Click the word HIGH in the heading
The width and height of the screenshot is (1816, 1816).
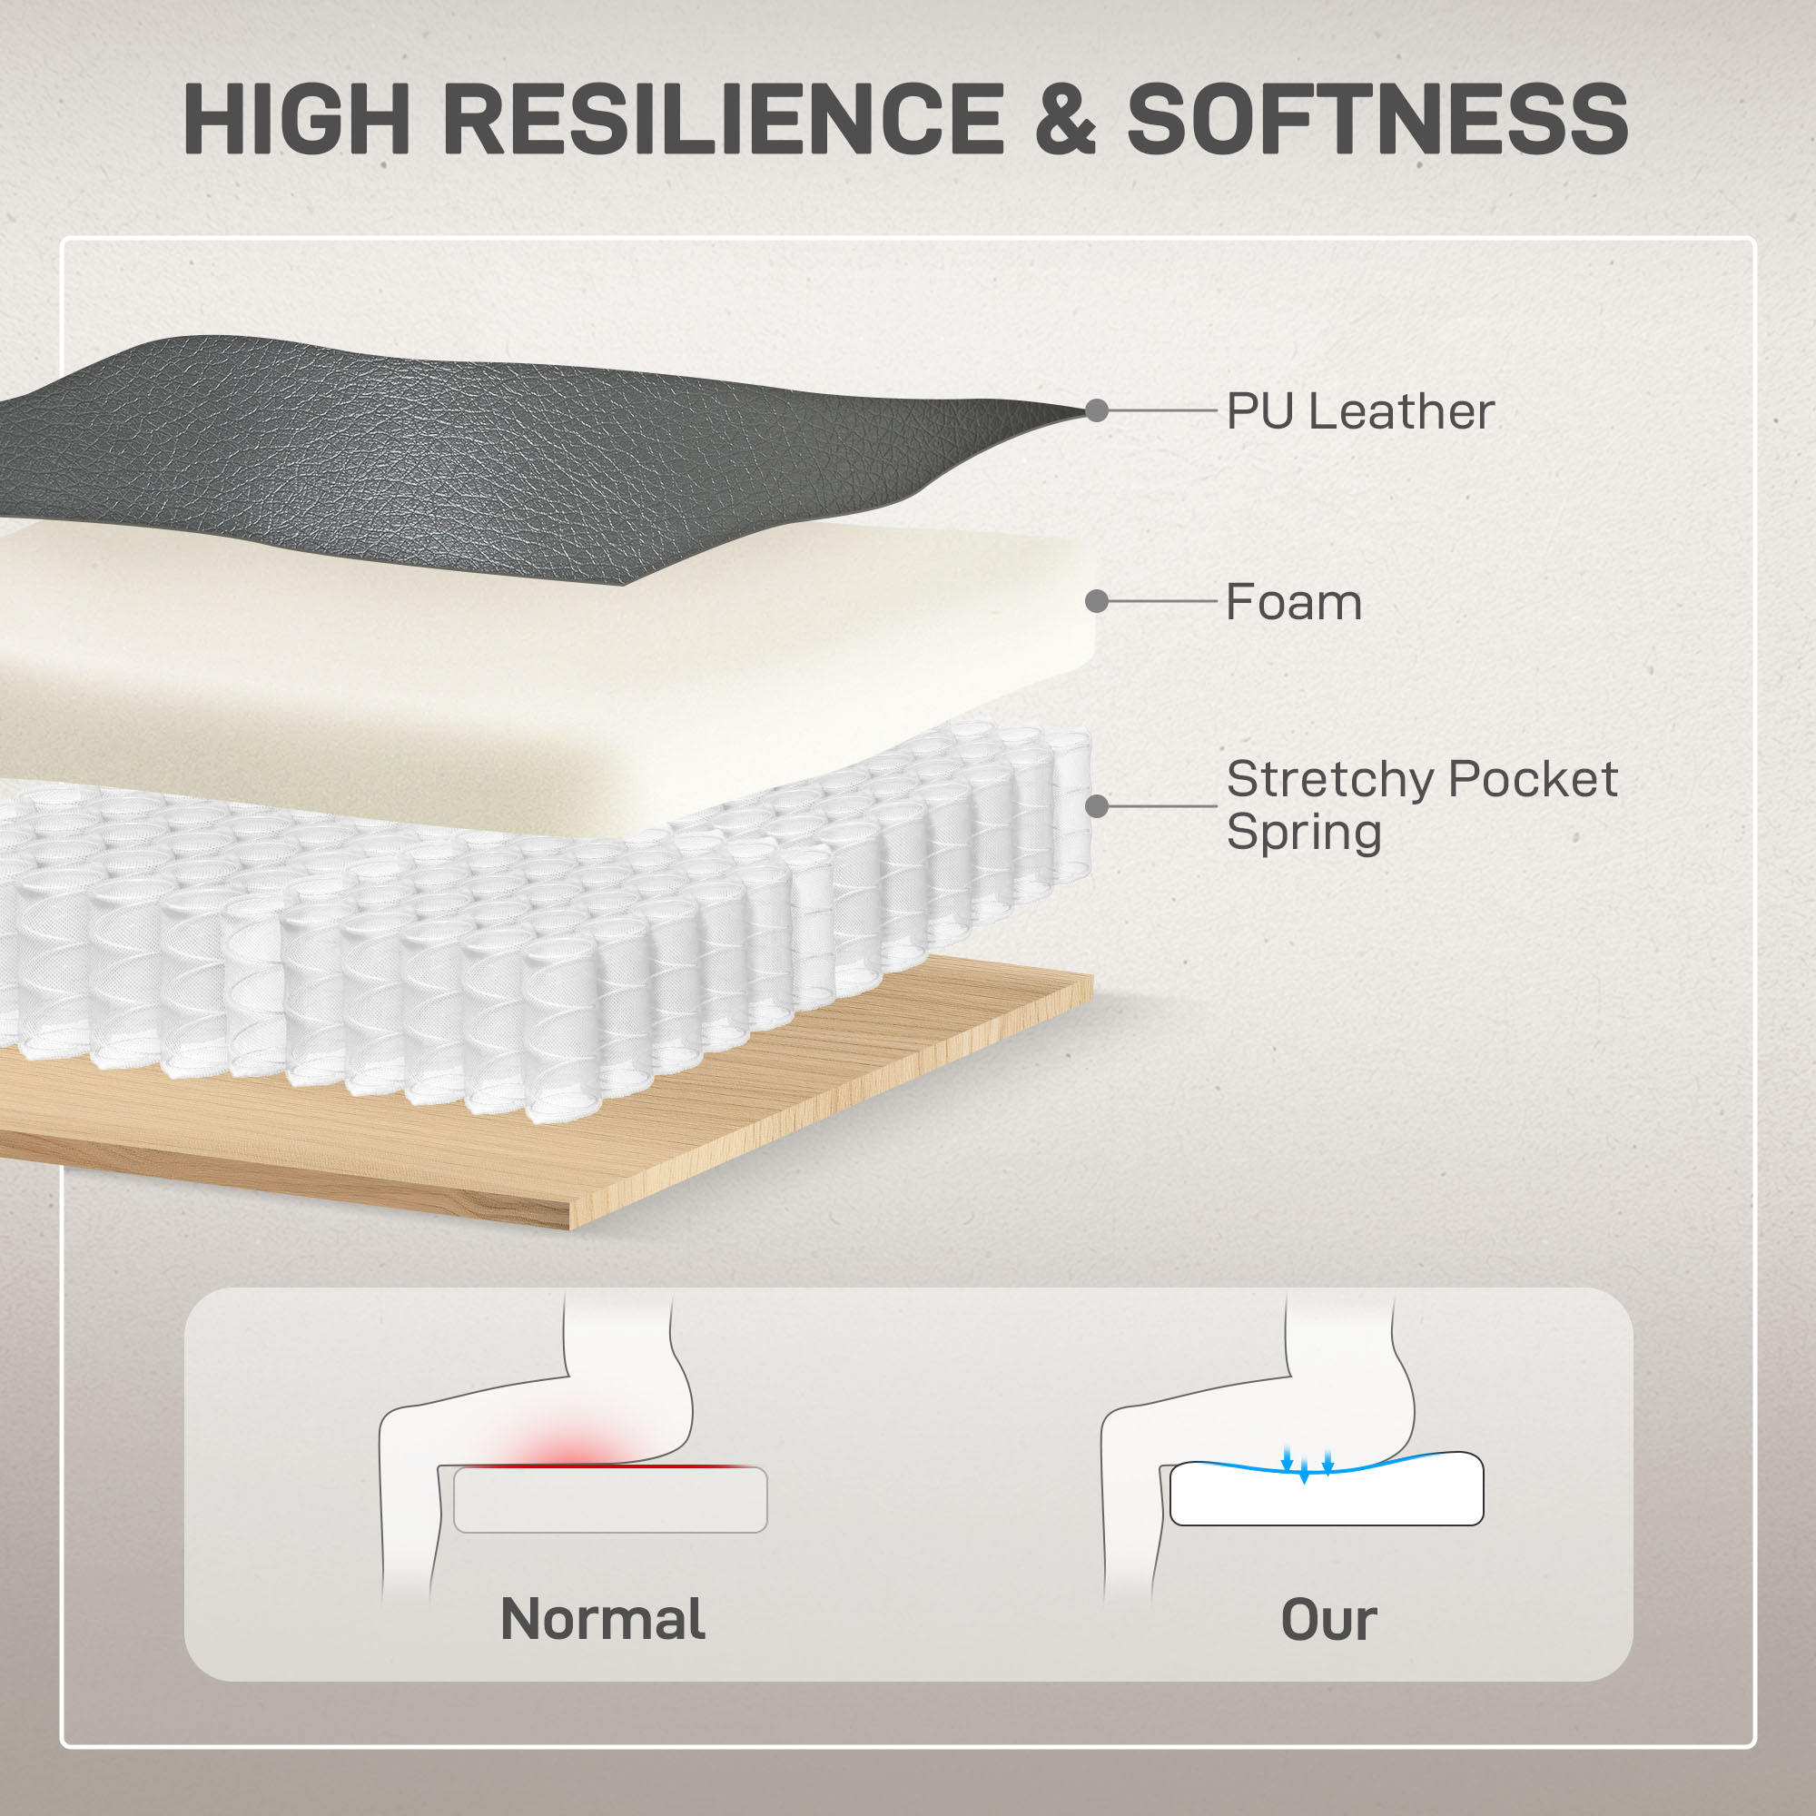pos(296,118)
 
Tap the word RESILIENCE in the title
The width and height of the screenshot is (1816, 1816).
pos(723,118)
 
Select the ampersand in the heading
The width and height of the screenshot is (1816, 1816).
pos(1065,118)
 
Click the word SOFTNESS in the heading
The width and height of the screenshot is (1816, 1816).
pos(1377,118)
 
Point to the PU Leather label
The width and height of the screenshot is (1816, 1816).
pos(1360,411)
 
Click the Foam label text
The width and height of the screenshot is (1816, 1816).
pos(1293,602)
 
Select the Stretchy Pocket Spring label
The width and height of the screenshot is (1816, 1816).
pos(1421,804)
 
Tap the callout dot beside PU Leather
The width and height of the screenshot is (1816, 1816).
pos(1096,410)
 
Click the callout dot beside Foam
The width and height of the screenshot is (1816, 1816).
pos(1096,602)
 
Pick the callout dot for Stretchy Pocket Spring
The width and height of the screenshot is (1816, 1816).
pos(1096,806)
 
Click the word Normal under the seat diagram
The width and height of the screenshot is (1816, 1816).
pos(603,1619)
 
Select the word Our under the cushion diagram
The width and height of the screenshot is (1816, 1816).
pos(1328,1620)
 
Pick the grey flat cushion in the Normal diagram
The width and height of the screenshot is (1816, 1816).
pos(610,1500)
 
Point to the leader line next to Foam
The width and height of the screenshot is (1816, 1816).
pos(1163,602)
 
